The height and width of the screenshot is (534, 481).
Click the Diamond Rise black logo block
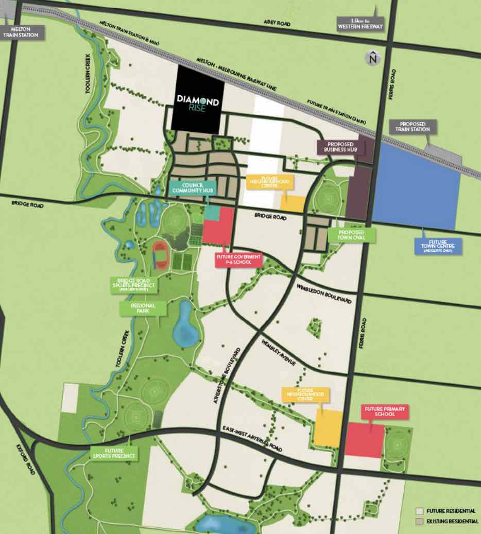pos(198,100)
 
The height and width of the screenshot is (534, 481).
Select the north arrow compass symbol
pos(372,59)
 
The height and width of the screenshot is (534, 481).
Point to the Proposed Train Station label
pos(413,127)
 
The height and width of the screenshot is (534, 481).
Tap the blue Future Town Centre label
pos(438,246)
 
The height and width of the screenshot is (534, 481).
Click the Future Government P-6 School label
pos(238,260)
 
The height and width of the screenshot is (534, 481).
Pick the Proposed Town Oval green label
pos(352,235)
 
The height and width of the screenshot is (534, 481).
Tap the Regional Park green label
pos(144,308)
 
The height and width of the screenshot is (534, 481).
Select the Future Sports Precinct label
pos(114,453)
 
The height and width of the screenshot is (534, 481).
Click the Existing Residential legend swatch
pos(420,522)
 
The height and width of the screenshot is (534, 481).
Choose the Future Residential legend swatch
pos(420,511)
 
